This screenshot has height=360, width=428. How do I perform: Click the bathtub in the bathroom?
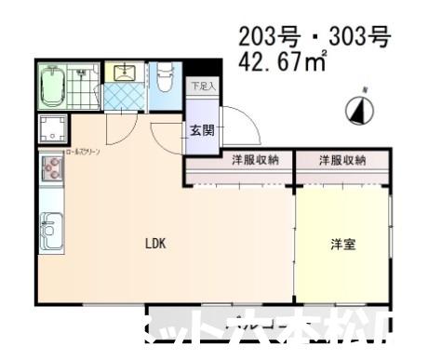pyautogui.click(x=54, y=87)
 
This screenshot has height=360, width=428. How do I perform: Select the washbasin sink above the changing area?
pyautogui.click(x=122, y=73)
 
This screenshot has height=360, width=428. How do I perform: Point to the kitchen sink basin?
pyautogui.click(x=50, y=227)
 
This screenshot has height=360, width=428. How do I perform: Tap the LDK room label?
pyautogui.click(x=154, y=244)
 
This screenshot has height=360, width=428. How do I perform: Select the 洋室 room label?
pyautogui.click(x=341, y=245)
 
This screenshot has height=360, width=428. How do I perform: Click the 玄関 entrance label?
pyautogui.click(x=201, y=130)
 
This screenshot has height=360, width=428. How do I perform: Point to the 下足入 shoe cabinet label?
pyautogui.click(x=201, y=87)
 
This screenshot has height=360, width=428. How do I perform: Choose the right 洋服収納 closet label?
pyautogui.click(x=341, y=160)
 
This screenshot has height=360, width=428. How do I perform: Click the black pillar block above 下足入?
pyautogui.click(x=202, y=70)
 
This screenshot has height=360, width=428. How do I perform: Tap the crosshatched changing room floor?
pyautogui.click(x=121, y=96)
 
